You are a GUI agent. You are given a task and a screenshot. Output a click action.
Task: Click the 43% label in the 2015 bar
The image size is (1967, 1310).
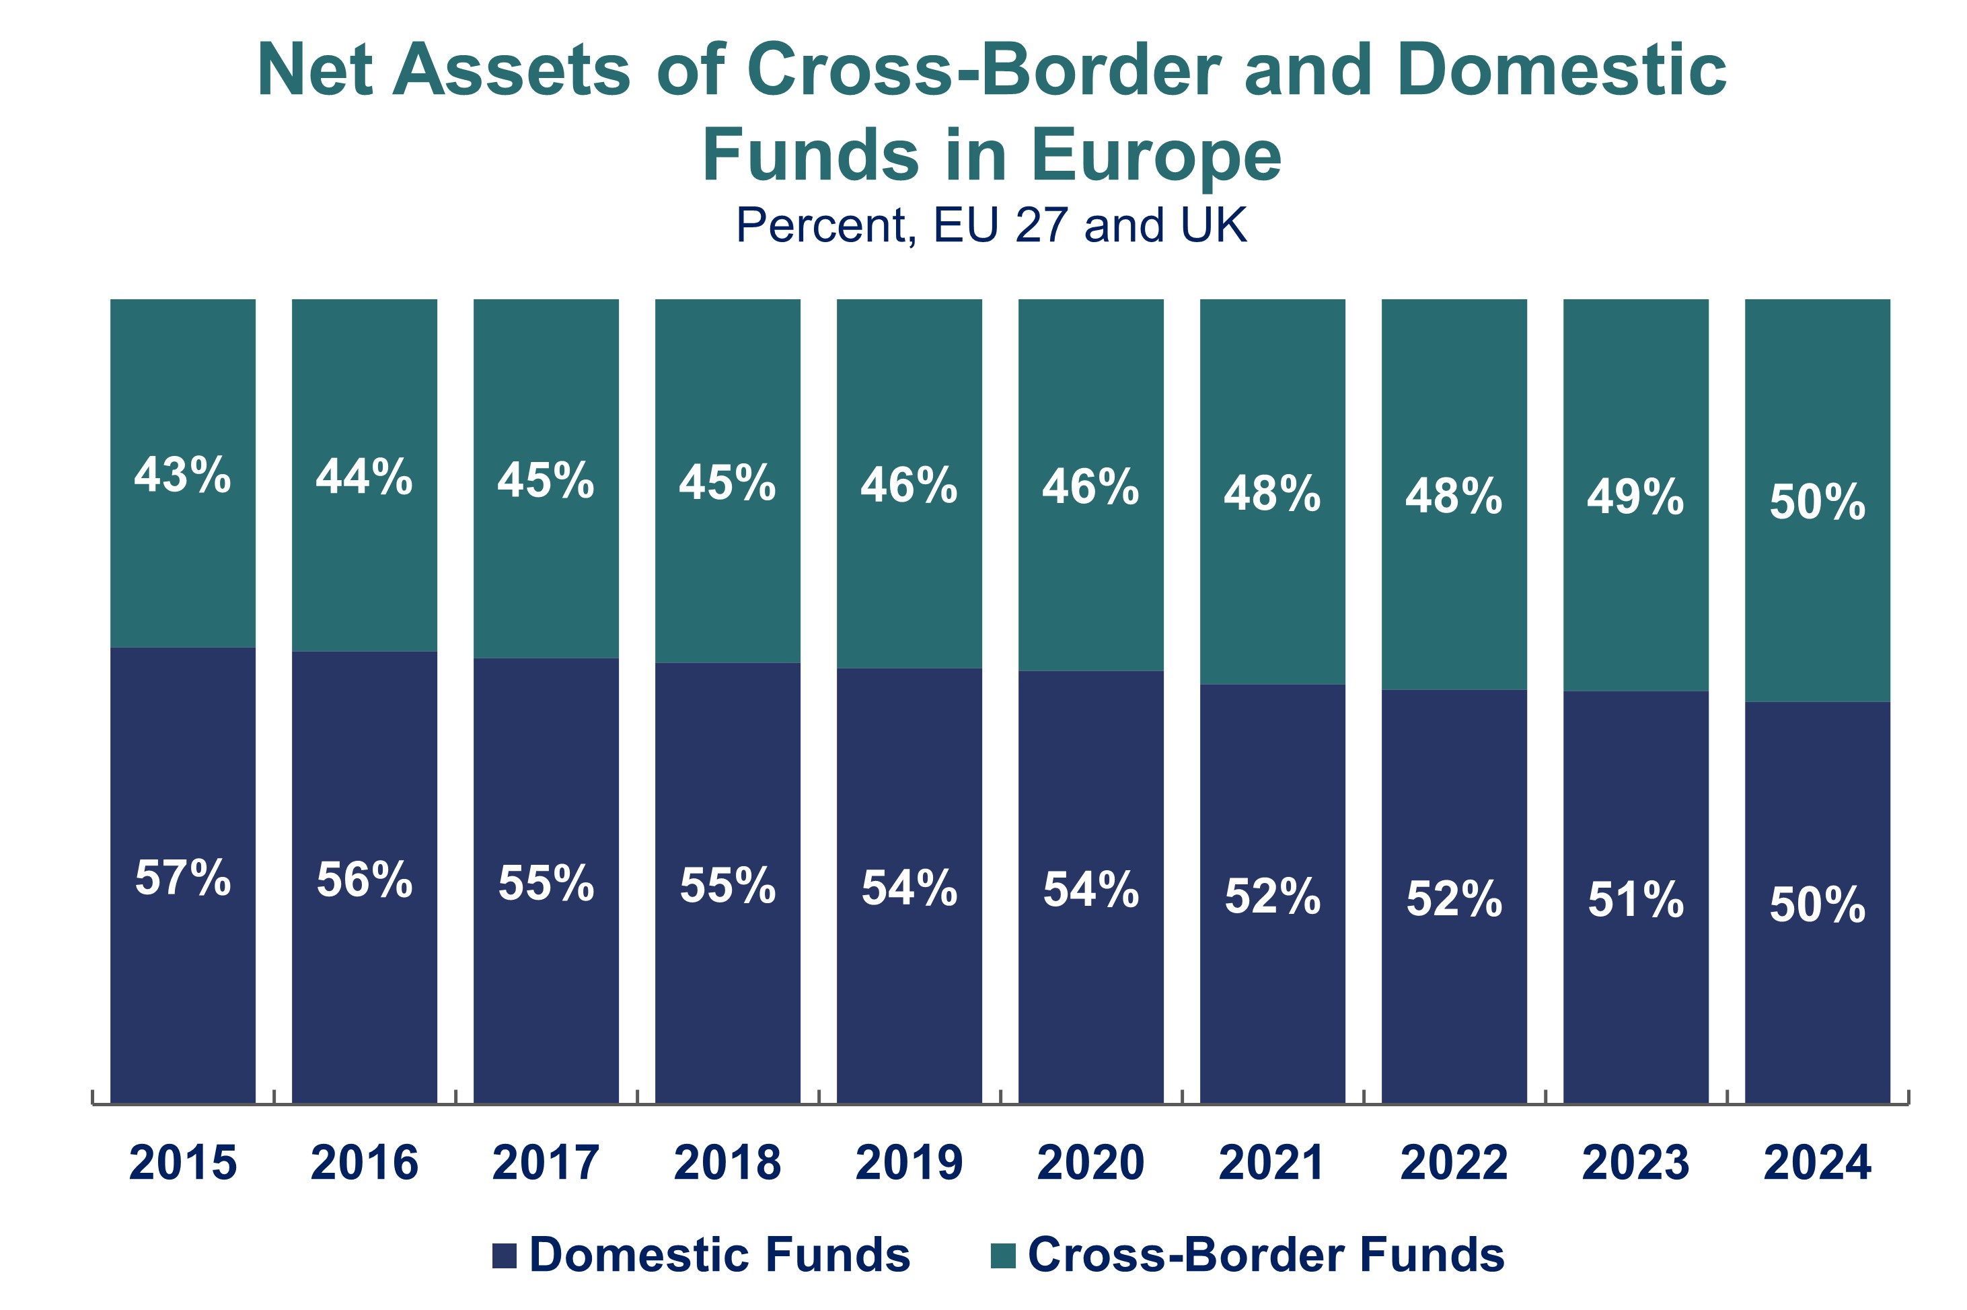pos(182,475)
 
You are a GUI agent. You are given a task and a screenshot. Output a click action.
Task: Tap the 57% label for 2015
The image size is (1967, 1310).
pos(182,878)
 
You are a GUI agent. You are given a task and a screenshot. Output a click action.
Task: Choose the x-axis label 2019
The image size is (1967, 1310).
pos(908,1162)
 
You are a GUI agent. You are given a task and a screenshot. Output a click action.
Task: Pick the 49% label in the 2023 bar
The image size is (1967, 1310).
pos(1635,497)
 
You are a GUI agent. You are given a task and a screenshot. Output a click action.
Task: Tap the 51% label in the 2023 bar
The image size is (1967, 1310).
pos(1635,900)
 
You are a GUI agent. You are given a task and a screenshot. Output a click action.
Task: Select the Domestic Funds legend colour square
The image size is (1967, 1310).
pos(504,1256)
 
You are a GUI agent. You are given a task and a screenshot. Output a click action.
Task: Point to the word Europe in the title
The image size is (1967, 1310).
pos(1156,155)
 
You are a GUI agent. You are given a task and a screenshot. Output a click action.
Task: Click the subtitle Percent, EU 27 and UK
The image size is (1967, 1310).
pos(991,225)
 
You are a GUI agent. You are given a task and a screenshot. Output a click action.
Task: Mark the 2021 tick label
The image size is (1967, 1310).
pos(1272,1162)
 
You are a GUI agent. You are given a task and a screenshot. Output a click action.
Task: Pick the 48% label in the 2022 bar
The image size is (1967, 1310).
pos(1453,496)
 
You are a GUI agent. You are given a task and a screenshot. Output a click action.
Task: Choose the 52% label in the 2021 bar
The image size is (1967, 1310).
pos(1272,896)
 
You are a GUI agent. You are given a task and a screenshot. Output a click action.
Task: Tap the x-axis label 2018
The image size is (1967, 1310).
pos(727,1162)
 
